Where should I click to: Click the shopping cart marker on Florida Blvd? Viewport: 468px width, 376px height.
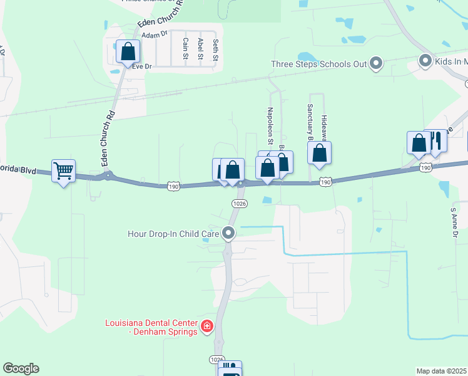pyautogui.click(x=63, y=170)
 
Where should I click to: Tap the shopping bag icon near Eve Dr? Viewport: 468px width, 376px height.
pyautogui.click(x=128, y=51)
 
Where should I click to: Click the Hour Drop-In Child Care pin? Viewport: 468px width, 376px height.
pyautogui.click(x=228, y=234)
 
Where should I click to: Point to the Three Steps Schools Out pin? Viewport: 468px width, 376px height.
pyautogui.click(x=376, y=63)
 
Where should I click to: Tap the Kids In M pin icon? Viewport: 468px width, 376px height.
pyautogui.click(x=425, y=61)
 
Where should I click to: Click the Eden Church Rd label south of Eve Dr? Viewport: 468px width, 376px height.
pyautogui.click(x=108, y=138)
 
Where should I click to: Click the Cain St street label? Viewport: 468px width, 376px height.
pyautogui.click(x=185, y=48)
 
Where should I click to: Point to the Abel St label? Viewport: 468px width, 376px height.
pyautogui.click(x=200, y=48)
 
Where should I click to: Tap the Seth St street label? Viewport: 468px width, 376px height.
pyautogui.click(x=215, y=50)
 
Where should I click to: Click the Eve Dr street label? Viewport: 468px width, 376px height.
pyautogui.click(x=142, y=66)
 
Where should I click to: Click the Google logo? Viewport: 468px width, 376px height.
pyautogui.click(x=21, y=368)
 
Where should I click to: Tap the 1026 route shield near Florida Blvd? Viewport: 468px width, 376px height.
pyautogui.click(x=239, y=203)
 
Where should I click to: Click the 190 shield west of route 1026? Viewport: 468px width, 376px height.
pyautogui.click(x=174, y=186)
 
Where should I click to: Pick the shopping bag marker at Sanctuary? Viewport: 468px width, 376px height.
pyautogui.click(x=319, y=154)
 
